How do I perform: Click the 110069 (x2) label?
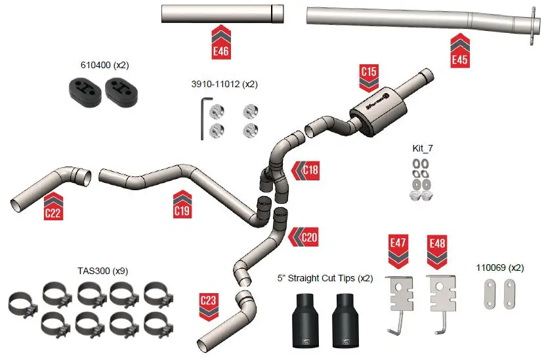[499, 268]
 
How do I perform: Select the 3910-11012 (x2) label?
[224, 85]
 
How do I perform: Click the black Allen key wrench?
[203, 118]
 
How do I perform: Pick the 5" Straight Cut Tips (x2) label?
[325, 278]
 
